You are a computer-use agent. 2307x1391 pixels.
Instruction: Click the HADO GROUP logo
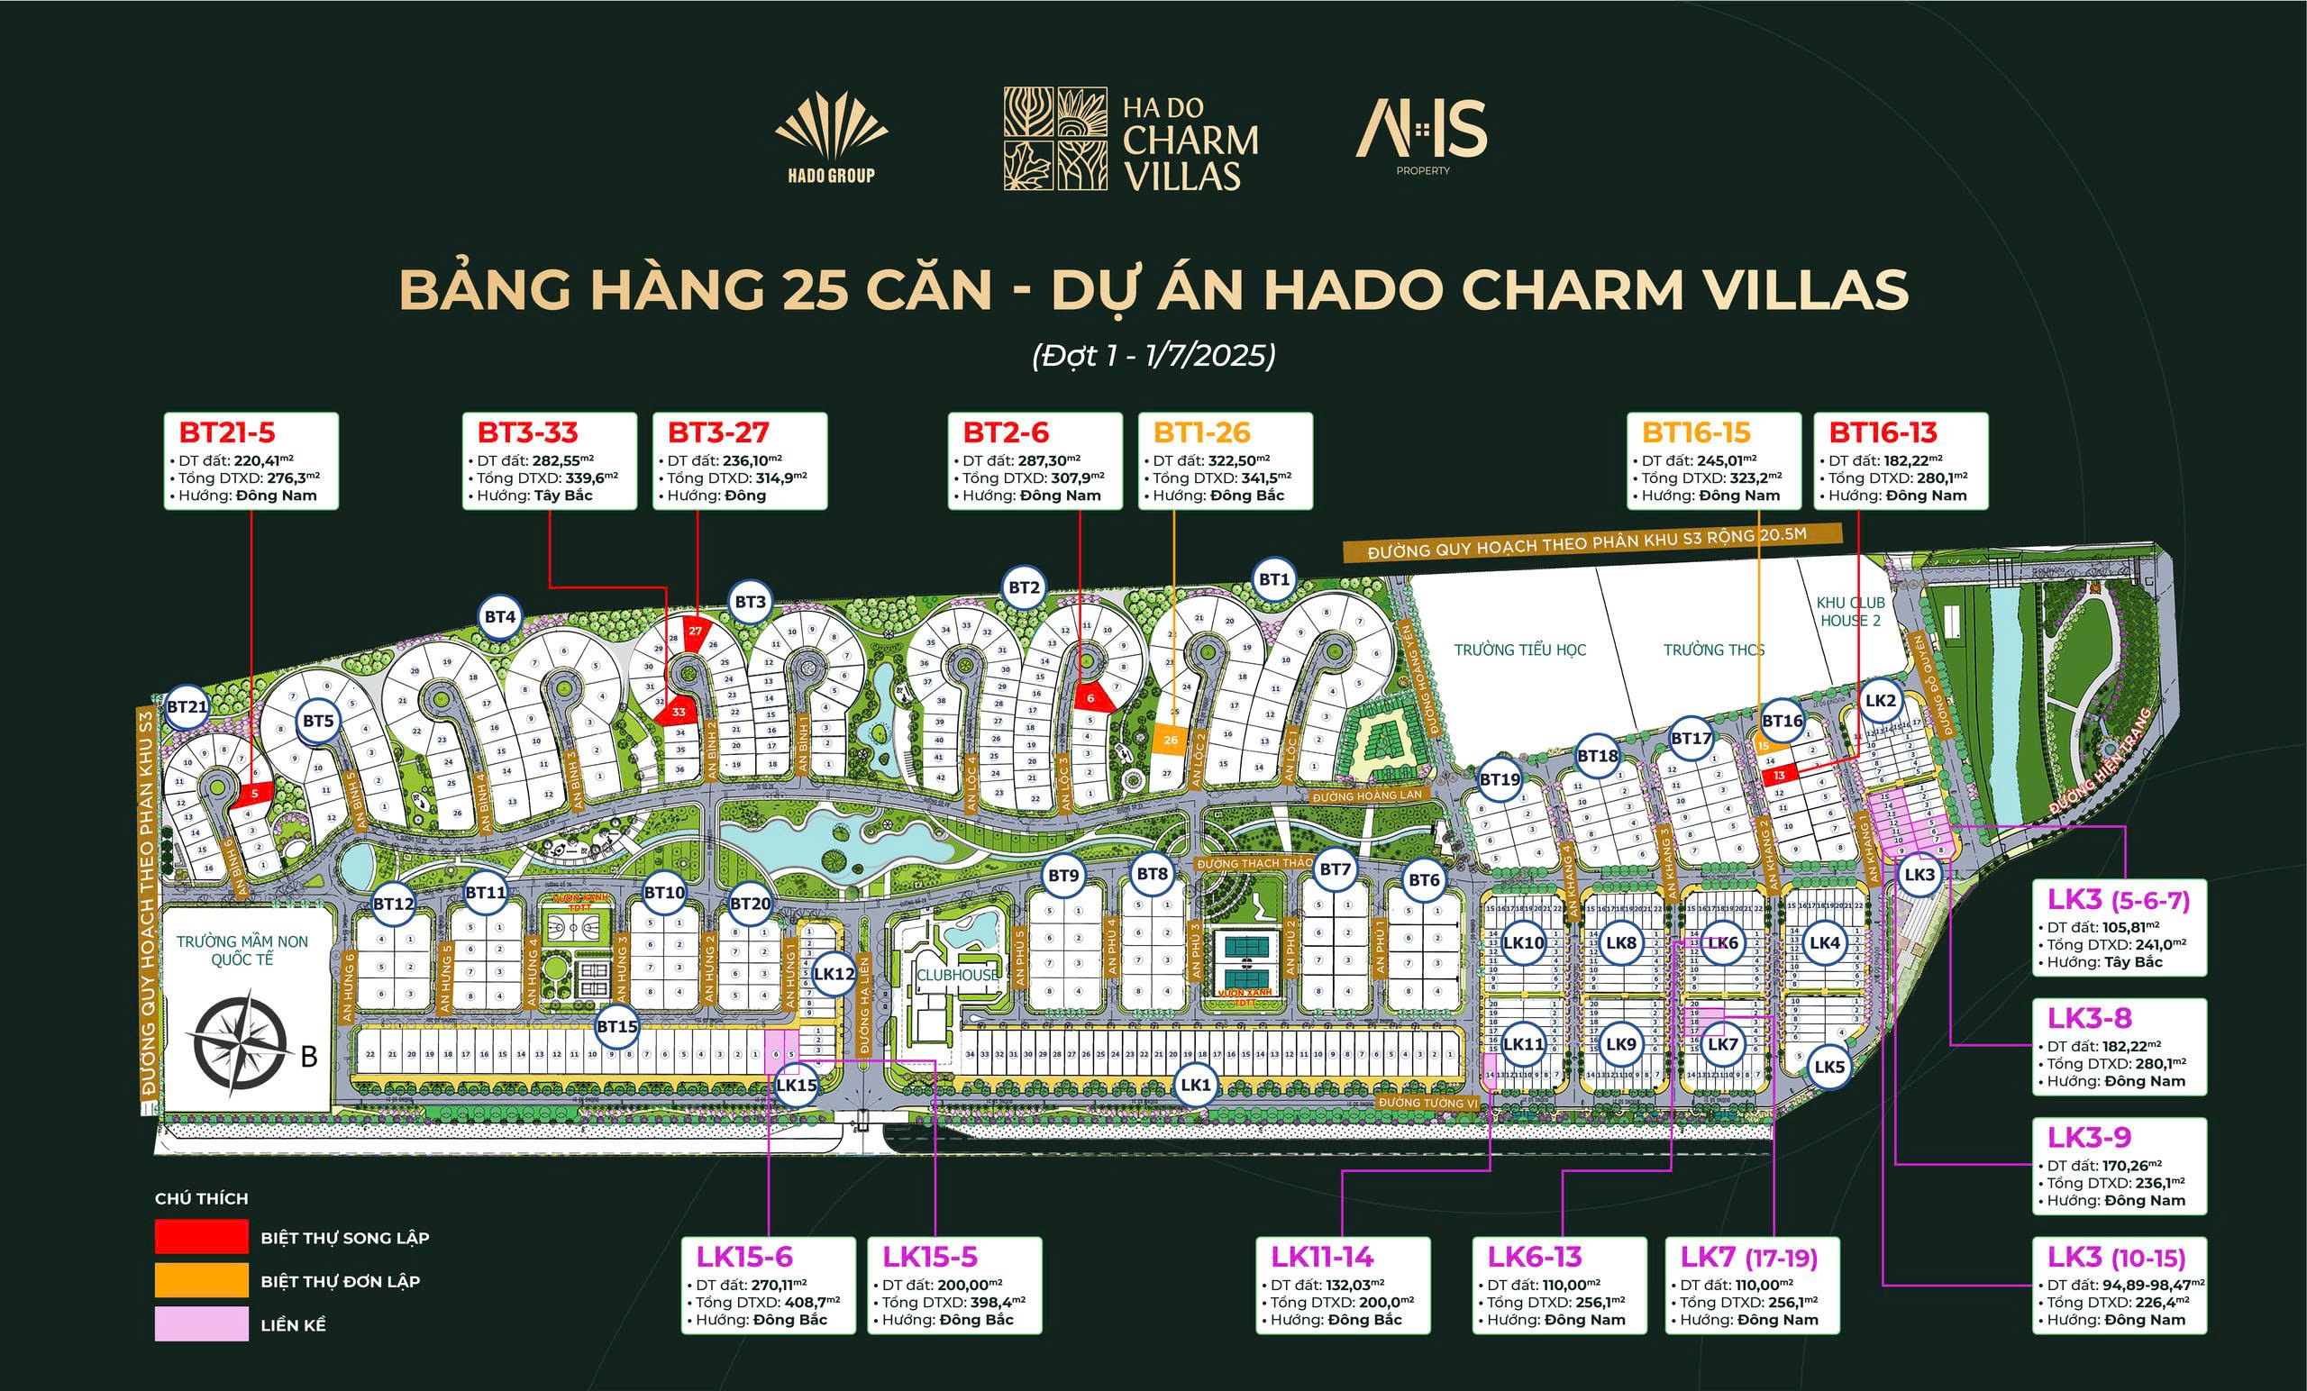(x=831, y=139)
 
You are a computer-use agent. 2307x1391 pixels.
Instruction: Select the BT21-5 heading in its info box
(x=226, y=432)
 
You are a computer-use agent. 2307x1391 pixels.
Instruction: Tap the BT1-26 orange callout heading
(x=1201, y=432)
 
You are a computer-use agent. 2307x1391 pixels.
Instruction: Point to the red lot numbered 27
(x=696, y=631)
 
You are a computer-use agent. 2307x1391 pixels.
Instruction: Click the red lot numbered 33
(x=679, y=712)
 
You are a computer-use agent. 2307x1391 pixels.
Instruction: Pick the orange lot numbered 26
(x=1171, y=740)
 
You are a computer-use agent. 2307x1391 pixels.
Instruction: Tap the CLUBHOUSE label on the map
(x=958, y=975)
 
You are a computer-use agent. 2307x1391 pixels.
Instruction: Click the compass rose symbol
(x=237, y=1048)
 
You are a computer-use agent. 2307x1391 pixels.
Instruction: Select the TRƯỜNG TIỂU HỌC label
(x=1519, y=650)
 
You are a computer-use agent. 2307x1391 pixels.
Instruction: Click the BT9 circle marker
(x=1063, y=877)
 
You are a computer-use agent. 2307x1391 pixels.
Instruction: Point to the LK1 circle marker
(x=1196, y=1085)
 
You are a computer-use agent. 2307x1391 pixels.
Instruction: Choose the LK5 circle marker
(x=1828, y=1067)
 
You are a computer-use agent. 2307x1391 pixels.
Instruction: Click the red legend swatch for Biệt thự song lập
(x=201, y=1237)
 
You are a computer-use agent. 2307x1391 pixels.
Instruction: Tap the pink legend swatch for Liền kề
(x=201, y=1324)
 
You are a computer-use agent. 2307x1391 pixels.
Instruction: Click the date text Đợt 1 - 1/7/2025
(x=1153, y=356)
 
